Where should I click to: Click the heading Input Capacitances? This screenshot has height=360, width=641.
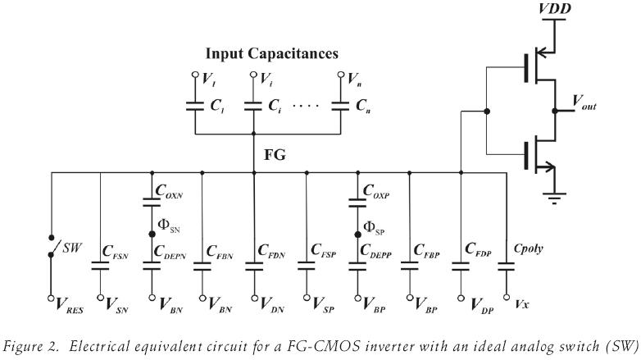[x=271, y=53]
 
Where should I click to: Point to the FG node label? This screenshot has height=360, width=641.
[x=275, y=154]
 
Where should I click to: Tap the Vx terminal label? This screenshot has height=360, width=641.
[x=521, y=303]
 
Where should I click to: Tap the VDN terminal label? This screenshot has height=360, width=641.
[x=274, y=304]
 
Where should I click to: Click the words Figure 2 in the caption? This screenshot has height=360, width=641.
[x=30, y=345]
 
